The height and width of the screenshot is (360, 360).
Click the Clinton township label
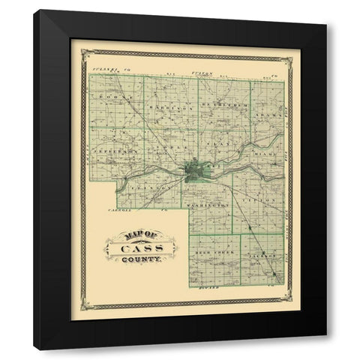147,181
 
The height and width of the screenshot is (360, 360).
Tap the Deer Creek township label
214,253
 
